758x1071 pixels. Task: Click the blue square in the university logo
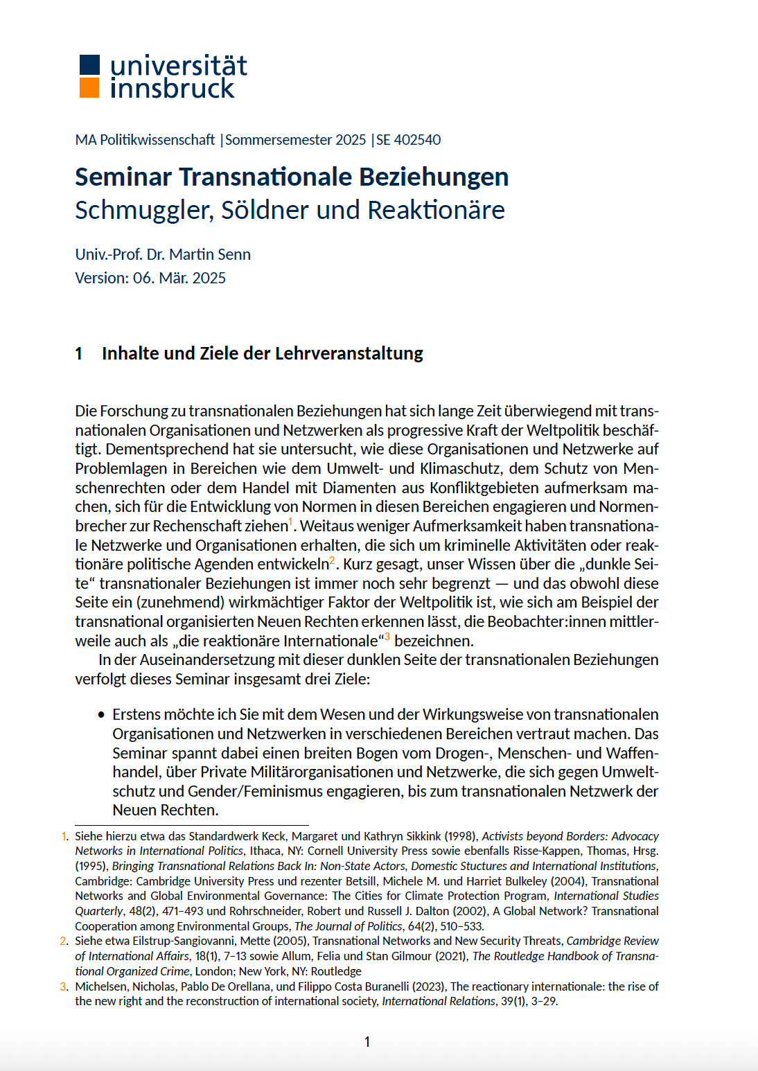click(x=89, y=64)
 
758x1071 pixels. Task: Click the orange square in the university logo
click(x=89, y=88)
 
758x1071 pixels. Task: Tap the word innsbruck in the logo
click(x=173, y=89)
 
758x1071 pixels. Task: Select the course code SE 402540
click(x=408, y=140)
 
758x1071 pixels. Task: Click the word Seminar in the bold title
click(x=123, y=177)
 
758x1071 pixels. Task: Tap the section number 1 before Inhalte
click(x=79, y=353)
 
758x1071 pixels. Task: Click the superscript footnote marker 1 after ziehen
click(x=291, y=521)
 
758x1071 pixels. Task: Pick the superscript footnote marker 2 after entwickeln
click(x=333, y=559)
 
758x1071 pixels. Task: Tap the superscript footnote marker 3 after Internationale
click(x=387, y=636)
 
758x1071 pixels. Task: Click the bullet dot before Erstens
click(x=102, y=714)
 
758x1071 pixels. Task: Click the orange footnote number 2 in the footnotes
click(x=64, y=941)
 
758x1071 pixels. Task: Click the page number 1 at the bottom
click(x=367, y=1041)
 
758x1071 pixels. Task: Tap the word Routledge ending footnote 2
click(x=336, y=971)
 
